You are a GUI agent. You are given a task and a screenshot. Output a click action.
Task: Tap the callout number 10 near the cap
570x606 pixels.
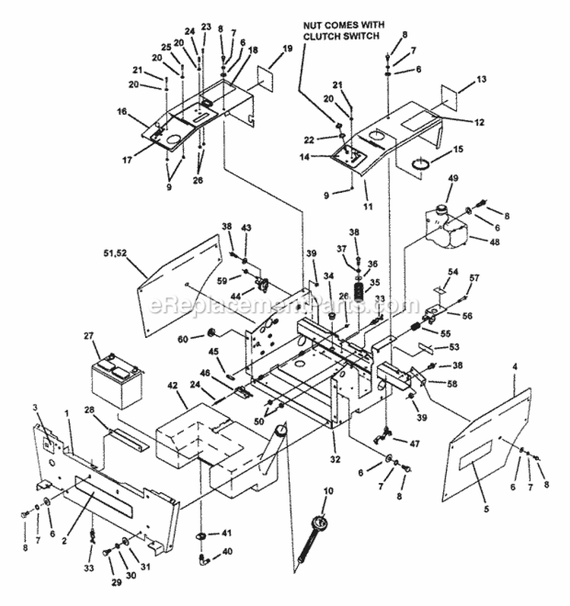pos(328,492)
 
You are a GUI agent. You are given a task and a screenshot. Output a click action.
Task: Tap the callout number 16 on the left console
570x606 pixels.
pos(121,112)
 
